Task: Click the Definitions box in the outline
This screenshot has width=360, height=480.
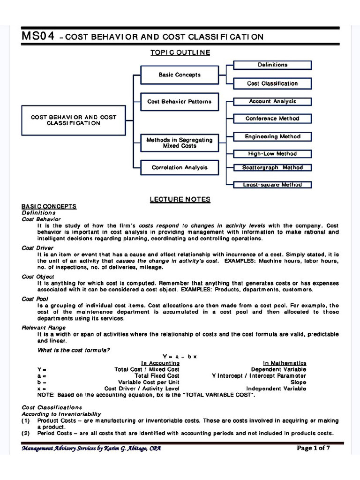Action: point(272,65)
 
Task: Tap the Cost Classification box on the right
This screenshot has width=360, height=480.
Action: point(272,83)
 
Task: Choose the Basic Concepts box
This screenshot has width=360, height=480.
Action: point(180,75)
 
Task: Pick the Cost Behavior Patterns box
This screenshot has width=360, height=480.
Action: point(180,101)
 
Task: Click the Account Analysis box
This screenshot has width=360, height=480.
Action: point(272,101)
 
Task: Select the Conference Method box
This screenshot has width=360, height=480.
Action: point(272,119)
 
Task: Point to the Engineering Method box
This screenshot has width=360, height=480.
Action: point(272,136)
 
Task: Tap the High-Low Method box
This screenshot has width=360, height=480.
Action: point(272,154)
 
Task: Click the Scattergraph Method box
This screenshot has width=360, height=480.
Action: point(272,167)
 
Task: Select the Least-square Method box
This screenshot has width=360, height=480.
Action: point(272,185)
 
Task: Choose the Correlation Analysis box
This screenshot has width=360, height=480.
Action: point(180,167)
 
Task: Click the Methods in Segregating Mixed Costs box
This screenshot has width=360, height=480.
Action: point(180,142)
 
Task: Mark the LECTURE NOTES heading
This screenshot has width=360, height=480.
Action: point(180,200)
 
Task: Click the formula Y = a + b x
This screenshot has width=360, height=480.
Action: point(180,356)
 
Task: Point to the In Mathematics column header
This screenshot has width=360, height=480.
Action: point(285,363)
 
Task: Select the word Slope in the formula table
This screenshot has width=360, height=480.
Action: point(298,382)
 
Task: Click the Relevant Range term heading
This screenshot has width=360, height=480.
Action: point(44,327)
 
